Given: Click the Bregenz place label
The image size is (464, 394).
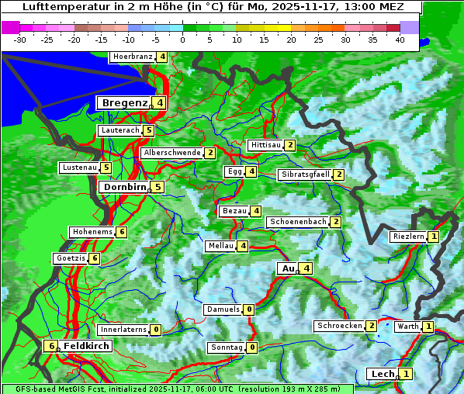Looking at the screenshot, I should click(x=123, y=102).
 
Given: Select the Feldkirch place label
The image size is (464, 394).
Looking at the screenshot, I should click(x=86, y=346).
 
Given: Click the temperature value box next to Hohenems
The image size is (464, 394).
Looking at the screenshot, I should click(x=122, y=232).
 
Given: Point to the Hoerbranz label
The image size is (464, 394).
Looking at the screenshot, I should click(x=132, y=57).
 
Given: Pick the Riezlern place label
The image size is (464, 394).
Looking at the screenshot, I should click(x=408, y=237).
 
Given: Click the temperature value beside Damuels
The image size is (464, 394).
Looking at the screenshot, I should click(x=248, y=309).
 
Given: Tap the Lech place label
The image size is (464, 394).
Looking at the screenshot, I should click(x=383, y=374).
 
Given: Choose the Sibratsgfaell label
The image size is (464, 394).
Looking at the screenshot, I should click(x=305, y=175).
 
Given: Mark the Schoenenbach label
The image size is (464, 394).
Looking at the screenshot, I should click(x=297, y=222).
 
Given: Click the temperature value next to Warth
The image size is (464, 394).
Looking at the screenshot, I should click(x=428, y=327).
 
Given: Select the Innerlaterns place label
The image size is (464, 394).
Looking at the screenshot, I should click(x=123, y=330).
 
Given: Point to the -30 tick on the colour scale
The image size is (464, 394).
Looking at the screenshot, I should click(x=20, y=39).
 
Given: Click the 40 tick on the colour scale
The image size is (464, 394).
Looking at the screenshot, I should click(x=399, y=39).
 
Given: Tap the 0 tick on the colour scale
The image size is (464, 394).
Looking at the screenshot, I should click(x=182, y=39).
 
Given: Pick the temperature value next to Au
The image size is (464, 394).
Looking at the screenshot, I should click(x=307, y=268).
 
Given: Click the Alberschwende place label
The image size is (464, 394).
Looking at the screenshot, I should click(x=171, y=153).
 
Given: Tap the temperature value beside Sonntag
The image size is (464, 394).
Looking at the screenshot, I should click(x=252, y=347).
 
